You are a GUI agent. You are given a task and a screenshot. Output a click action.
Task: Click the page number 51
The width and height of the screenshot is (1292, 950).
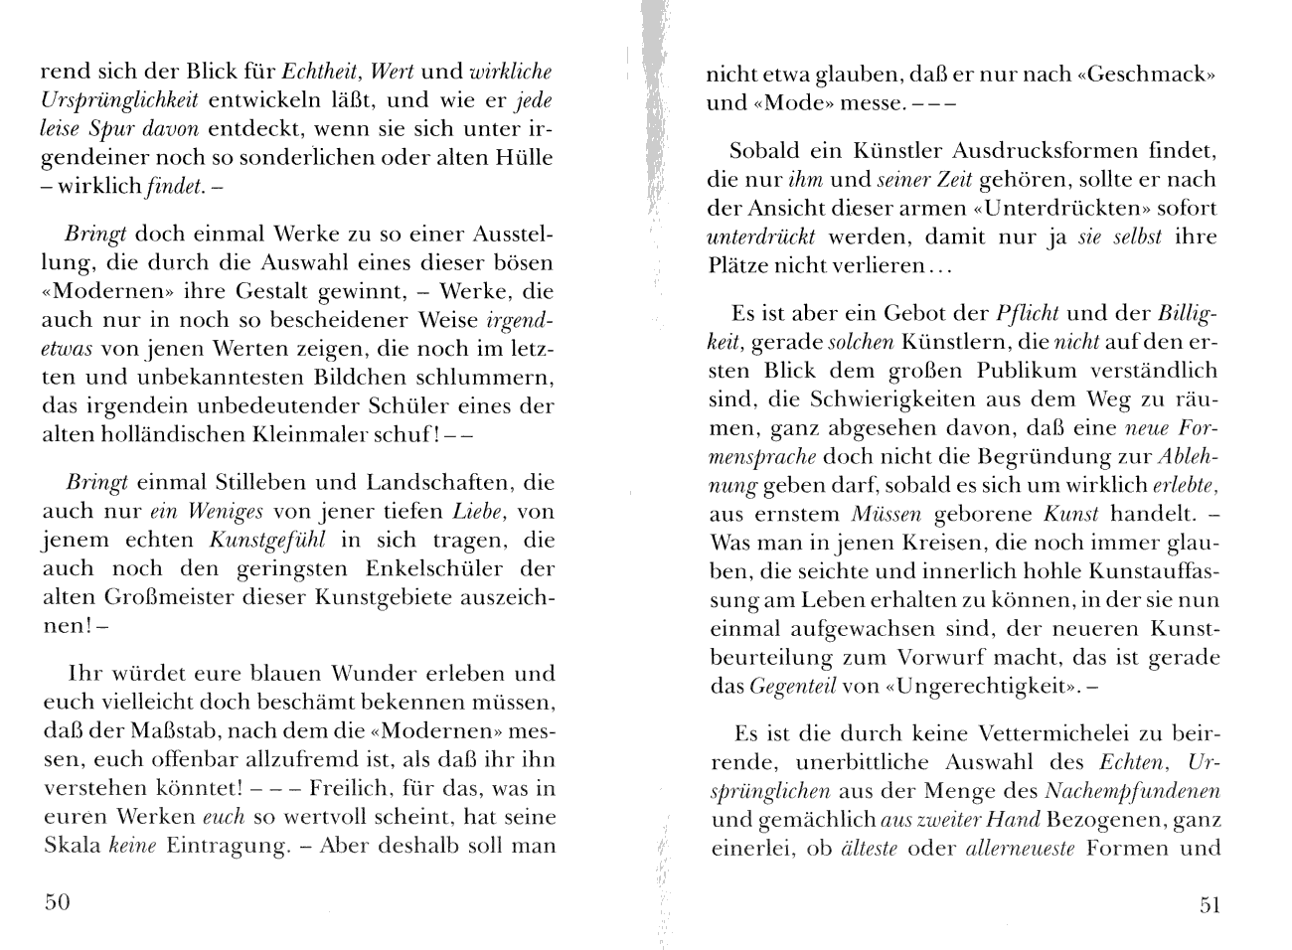[1210, 903]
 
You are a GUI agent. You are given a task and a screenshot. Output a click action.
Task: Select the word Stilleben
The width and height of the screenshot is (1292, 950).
[260, 483]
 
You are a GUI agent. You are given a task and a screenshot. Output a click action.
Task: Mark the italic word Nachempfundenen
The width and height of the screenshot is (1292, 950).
[1132, 792]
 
